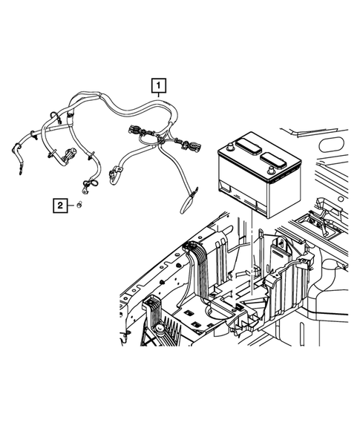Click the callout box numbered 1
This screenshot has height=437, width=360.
pos(157,85)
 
